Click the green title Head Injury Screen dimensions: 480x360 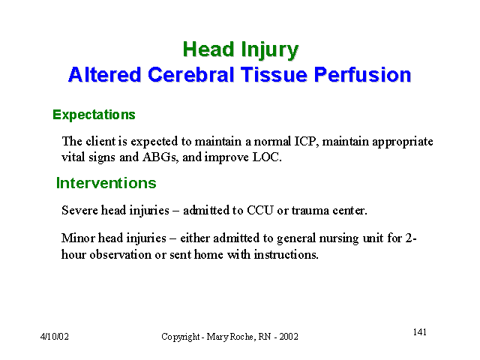(x=241, y=50)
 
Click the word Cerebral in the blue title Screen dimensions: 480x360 (x=190, y=74)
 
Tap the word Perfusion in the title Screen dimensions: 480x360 (x=362, y=74)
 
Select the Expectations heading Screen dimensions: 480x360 (x=94, y=115)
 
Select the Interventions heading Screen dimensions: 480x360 (x=106, y=183)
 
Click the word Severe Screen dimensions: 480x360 (x=79, y=211)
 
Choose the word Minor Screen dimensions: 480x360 (x=78, y=238)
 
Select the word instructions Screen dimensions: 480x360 (x=286, y=255)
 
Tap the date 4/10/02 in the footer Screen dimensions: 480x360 (x=55, y=337)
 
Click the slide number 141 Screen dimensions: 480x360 (x=420, y=332)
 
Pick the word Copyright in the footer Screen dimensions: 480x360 (x=181, y=337)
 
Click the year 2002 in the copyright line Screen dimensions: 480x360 (x=289, y=337)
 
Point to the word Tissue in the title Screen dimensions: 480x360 (x=274, y=74)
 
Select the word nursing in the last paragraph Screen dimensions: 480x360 (x=339, y=238)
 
